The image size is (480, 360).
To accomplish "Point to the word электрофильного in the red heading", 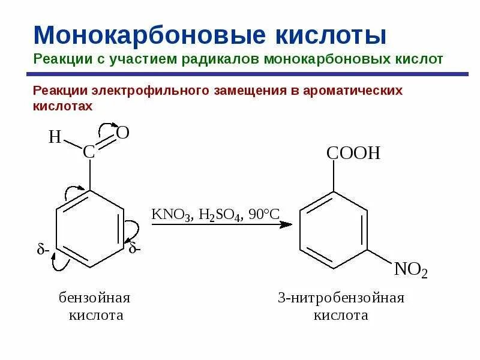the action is (x=153, y=91).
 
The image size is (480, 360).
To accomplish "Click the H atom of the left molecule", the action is (x=55, y=137).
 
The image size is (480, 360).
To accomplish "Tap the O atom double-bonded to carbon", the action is (x=122, y=133).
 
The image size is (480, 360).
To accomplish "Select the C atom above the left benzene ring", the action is (x=89, y=152).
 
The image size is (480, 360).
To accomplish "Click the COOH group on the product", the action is (x=353, y=152).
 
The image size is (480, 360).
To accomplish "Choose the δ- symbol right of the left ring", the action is (x=134, y=248).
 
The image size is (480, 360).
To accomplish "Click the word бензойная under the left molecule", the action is (x=94, y=298).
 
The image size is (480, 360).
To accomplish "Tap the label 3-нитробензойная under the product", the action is (x=341, y=298).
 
